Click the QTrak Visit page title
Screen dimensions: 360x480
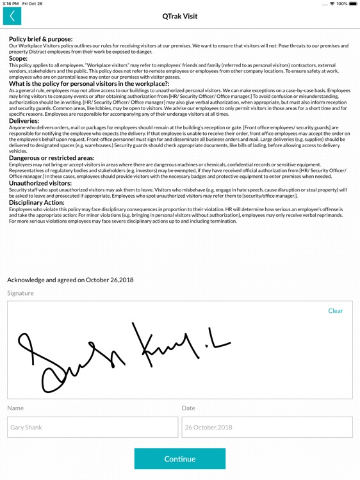[x=180, y=17]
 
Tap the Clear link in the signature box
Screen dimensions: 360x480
[x=335, y=311]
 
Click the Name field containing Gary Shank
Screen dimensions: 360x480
[x=93, y=427]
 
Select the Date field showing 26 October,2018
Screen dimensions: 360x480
[x=266, y=427]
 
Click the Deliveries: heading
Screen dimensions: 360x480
[x=24, y=120]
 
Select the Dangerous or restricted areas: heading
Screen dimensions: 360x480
[x=52, y=157]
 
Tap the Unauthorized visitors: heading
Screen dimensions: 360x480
[x=40, y=183]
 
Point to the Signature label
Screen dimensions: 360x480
[x=20, y=293]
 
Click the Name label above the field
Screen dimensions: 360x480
[x=15, y=408]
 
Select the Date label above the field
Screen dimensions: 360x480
[x=188, y=408]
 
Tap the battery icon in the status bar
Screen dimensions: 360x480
[x=352, y=4]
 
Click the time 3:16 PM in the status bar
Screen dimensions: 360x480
[x=11, y=4]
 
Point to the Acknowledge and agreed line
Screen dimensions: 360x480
[x=70, y=280]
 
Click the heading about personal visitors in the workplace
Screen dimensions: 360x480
[x=88, y=83]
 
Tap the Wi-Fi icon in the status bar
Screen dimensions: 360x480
[x=331, y=4]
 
